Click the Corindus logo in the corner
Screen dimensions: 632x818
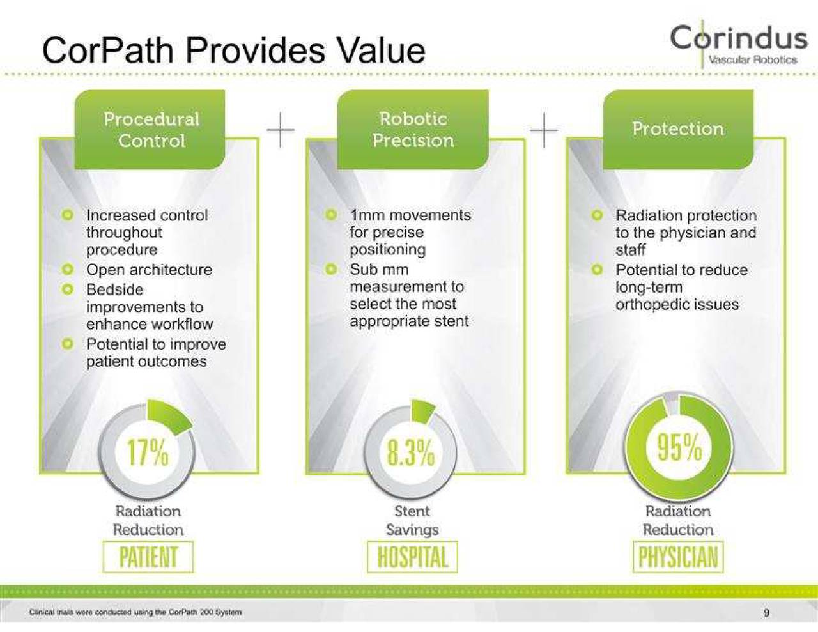point(739,43)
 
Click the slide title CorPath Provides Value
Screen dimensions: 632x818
point(233,50)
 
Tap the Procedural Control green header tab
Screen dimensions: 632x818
point(151,130)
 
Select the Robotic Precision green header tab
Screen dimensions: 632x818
point(413,129)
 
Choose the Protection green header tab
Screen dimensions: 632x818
point(678,128)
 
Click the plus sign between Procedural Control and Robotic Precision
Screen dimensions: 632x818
point(281,130)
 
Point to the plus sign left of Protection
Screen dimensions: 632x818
point(544,130)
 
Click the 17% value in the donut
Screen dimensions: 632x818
point(148,452)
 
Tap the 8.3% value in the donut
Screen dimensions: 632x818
point(411,452)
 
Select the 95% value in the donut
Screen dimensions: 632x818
point(679,447)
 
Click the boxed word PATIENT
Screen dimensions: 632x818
point(148,557)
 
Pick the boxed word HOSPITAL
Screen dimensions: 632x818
point(412,557)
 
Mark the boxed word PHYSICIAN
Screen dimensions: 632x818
point(678,557)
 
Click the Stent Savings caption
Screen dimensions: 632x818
point(412,520)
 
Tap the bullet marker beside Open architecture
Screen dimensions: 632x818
point(68,270)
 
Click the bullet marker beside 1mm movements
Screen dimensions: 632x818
point(330,215)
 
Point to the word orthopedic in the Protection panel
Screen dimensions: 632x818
point(646,305)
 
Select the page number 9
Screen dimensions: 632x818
point(766,613)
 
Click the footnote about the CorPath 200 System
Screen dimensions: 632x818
point(135,612)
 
